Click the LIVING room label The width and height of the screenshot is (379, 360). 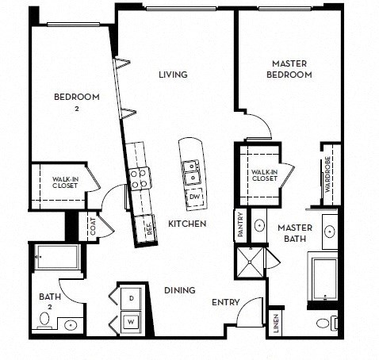[x=172, y=75]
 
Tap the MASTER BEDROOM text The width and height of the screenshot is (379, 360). [x=291, y=69]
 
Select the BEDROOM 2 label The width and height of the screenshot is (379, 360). [x=76, y=101]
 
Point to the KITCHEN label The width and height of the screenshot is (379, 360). [x=187, y=224]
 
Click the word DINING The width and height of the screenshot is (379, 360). [x=180, y=291]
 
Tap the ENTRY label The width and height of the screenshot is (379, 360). [x=225, y=302]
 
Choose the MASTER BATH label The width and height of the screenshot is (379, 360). [x=296, y=233]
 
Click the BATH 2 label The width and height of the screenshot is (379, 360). [x=51, y=302]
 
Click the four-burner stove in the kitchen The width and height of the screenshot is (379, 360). [x=140, y=179]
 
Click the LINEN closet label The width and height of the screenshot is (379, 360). [x=275, y=324]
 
